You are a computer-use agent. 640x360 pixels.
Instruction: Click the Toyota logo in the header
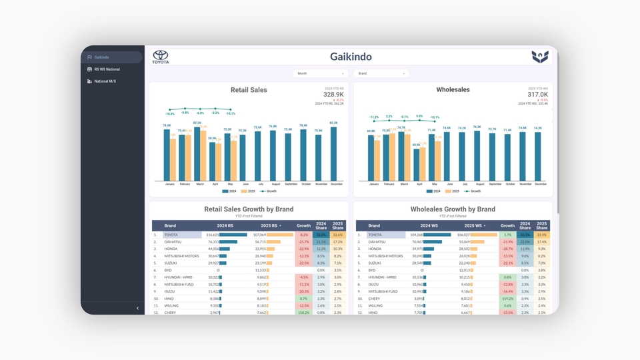[x=161, y=57]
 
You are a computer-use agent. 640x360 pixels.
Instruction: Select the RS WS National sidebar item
[x=107, y=69]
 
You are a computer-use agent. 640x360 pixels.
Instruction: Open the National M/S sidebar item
[x=105, y=81]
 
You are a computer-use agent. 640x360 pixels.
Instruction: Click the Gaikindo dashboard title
[x=351, y=57]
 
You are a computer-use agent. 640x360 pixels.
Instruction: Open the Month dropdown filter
[x=321, y=73]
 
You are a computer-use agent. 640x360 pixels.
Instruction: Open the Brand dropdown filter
[x=381, y=73]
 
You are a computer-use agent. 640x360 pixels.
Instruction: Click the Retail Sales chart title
[x=249, y=90]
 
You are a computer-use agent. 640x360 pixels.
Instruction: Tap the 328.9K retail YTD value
[x=333, y=95]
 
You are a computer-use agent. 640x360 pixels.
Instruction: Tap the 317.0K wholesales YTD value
[x=537, y=95]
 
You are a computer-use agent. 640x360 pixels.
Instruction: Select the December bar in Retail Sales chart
[x=333, y=153]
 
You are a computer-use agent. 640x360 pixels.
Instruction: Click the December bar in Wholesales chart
[x=538, y=156]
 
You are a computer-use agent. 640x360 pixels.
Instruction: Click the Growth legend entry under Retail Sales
[x=269, y=191]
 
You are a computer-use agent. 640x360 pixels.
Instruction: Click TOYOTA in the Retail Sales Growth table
[x=171, y=235]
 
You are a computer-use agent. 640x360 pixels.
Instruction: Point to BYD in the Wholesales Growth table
[x=372, y=270]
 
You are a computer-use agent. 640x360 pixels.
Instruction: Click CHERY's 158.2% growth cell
[x=304, y=312]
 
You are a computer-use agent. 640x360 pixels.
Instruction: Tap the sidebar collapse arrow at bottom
[x=138, y=308]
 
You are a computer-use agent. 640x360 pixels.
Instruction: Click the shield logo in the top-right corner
[x=540, y=57]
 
